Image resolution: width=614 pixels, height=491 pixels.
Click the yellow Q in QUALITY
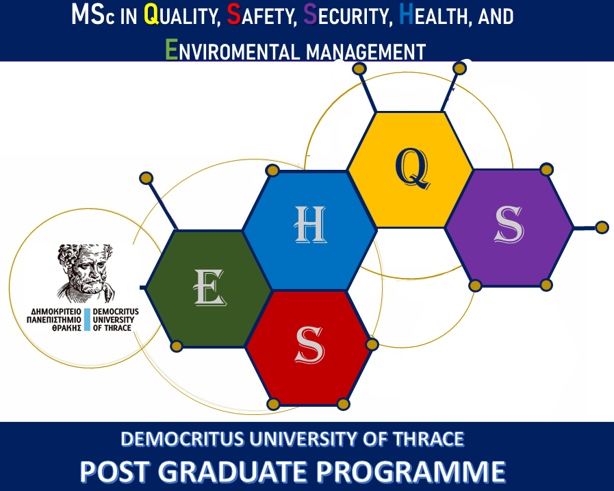[151, 14]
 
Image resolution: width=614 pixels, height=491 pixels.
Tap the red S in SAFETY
[234, 14]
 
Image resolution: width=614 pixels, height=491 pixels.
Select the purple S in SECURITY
[310, 14]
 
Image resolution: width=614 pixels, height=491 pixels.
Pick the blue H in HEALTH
[406, 14]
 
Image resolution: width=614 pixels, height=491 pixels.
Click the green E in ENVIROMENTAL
[172, 49]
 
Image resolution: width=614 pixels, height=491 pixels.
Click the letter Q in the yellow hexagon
[413, 168]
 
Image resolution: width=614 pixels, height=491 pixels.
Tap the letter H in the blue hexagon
[310, 224]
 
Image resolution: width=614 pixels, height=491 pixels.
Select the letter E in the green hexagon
[210, 287]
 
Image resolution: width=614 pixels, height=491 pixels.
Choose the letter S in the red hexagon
[310, 345]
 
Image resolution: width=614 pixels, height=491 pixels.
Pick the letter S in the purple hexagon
[509, 225]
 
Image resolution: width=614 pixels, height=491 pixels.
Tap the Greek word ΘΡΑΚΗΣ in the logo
[66, 328]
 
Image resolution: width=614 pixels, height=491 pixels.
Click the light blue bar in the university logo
[86, 319]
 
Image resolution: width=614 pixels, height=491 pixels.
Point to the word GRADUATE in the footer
[233, 471]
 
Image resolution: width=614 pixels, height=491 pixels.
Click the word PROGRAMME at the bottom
[411, 471]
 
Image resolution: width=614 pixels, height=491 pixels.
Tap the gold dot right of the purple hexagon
[602, 227]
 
